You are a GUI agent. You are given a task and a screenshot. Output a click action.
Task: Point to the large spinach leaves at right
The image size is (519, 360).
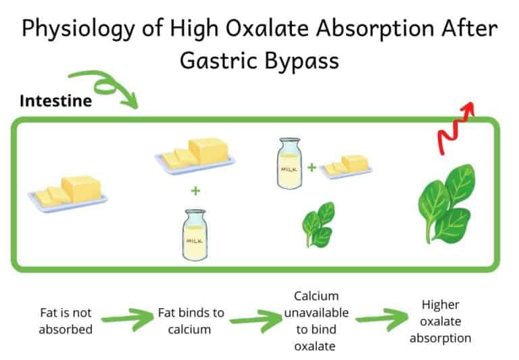click(446, 202)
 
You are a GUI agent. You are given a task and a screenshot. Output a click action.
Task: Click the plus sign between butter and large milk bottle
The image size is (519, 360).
click(195, 190)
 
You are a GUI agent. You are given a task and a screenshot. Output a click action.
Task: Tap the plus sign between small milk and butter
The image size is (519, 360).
click(312, 165)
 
